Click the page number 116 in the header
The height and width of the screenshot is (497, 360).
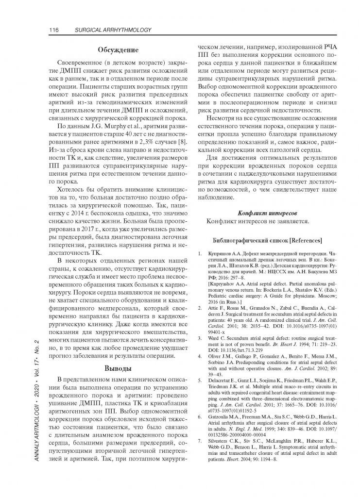[54, 31]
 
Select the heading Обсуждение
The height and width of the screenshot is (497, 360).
[118, 50]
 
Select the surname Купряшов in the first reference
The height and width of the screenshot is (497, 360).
[220, 253]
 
